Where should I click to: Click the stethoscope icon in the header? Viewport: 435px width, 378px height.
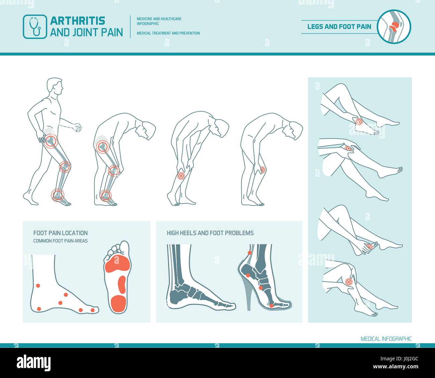click(x=35, y=26)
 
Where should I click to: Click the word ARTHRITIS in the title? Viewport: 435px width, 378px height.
click(x=78, y=21)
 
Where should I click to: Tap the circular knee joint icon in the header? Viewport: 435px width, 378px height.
click(x=394, y=26)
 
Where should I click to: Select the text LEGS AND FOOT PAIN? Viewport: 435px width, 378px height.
click(x=339, y=27)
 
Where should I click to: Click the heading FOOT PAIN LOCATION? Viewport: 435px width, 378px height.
click(x=60, y=233)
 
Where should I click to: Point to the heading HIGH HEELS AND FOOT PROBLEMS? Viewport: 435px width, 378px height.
click(x=210, y=233)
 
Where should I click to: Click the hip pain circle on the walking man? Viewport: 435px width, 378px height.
click(x=51, y=140)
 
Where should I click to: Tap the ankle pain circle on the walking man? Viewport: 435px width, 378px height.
click(x=58, y=195)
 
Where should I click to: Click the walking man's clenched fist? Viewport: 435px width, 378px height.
click(x=78, y=127)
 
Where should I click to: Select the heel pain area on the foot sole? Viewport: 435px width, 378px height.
click(x=118, y=304)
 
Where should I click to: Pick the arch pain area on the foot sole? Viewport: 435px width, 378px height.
click(x=121, y=285)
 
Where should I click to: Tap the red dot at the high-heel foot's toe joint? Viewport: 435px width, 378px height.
click(x=271, y=305)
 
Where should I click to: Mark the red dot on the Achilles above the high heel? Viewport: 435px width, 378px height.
click(x=250, y=253)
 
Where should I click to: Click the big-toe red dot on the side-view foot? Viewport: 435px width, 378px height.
click(x=92, y=310)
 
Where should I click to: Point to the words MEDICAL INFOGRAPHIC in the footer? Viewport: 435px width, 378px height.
click(x=386, y=339)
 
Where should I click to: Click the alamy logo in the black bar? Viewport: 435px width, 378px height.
click(x=33, y=363)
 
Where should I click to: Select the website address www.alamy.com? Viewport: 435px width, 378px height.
click(x=396, y=366)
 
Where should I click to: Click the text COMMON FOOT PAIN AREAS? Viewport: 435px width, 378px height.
click(x=60, y=241)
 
